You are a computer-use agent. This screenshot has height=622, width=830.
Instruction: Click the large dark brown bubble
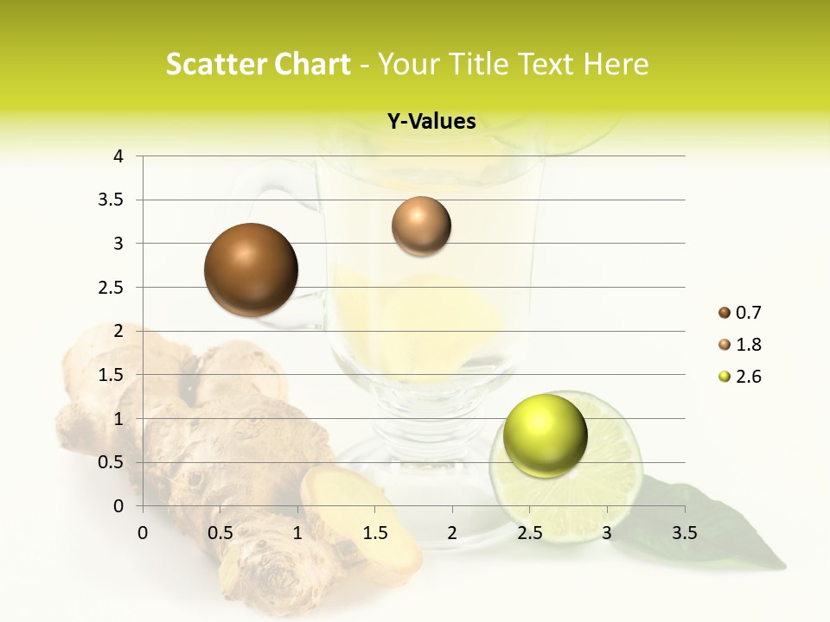click(252, 270)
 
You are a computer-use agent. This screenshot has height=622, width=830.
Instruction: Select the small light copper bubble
click(421, 226)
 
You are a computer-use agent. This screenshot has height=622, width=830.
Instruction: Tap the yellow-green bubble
click(545, 435)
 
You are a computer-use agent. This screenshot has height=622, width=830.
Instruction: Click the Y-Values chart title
click(431, 122)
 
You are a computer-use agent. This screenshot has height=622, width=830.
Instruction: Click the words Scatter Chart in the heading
click(259, 65)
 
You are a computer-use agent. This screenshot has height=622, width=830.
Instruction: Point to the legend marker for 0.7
click(725, 313)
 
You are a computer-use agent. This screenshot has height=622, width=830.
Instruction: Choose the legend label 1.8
click(748, 345)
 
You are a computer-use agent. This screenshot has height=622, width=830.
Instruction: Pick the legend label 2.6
click(748, 377)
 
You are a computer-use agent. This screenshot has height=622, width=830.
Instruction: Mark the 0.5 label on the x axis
click(220, 533)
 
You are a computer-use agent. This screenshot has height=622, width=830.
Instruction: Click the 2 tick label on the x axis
click(452, 533)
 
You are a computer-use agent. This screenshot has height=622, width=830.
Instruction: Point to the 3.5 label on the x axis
click(685, 533)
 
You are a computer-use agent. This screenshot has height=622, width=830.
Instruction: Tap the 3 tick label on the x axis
click(607, 533)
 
